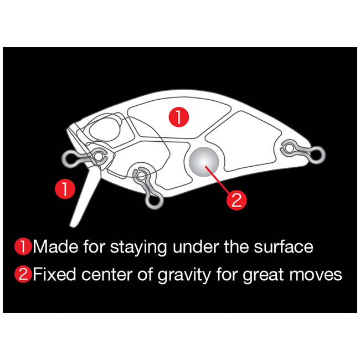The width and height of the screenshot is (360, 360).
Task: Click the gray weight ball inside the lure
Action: [x=204, y=162]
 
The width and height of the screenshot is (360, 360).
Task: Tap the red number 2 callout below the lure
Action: [x=236, y=200]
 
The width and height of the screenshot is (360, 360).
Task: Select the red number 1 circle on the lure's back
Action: [x=179, y=117]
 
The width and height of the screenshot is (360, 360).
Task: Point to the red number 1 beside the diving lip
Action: [x=65, y=189]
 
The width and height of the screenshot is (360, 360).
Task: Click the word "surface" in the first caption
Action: [x=284, y=247]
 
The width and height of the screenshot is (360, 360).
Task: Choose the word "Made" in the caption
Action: [x=55, y=247]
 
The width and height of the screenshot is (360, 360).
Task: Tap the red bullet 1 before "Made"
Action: [x=23, y=247]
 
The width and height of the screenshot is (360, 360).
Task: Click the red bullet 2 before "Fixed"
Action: [x=23, y=274]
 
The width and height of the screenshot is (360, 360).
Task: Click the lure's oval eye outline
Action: [x=105, y=130]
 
